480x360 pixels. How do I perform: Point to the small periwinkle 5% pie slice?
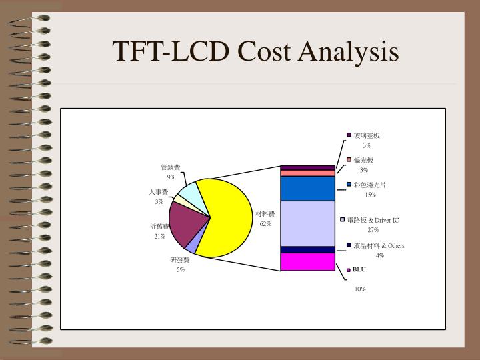[x=191, y=247]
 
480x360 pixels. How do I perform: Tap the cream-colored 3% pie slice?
[x=179, y=199]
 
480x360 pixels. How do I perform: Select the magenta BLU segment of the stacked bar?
[x=307, y=262]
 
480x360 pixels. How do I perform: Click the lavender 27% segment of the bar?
[x=307, y=223]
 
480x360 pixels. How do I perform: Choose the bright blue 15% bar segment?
[x=307, y=189]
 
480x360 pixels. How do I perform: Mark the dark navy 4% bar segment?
[x=307, y=249]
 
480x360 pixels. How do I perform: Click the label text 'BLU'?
[x=360, y=270]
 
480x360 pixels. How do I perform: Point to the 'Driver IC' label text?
[x=387, y=220]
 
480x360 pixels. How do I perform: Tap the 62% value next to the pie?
[x=265, y=224]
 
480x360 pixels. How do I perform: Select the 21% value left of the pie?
[x=159, y=236]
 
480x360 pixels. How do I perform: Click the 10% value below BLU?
[x=360, y=289]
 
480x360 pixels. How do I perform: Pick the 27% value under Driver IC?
[x=373, y=229]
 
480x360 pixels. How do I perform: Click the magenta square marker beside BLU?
[x=348, y=270]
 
